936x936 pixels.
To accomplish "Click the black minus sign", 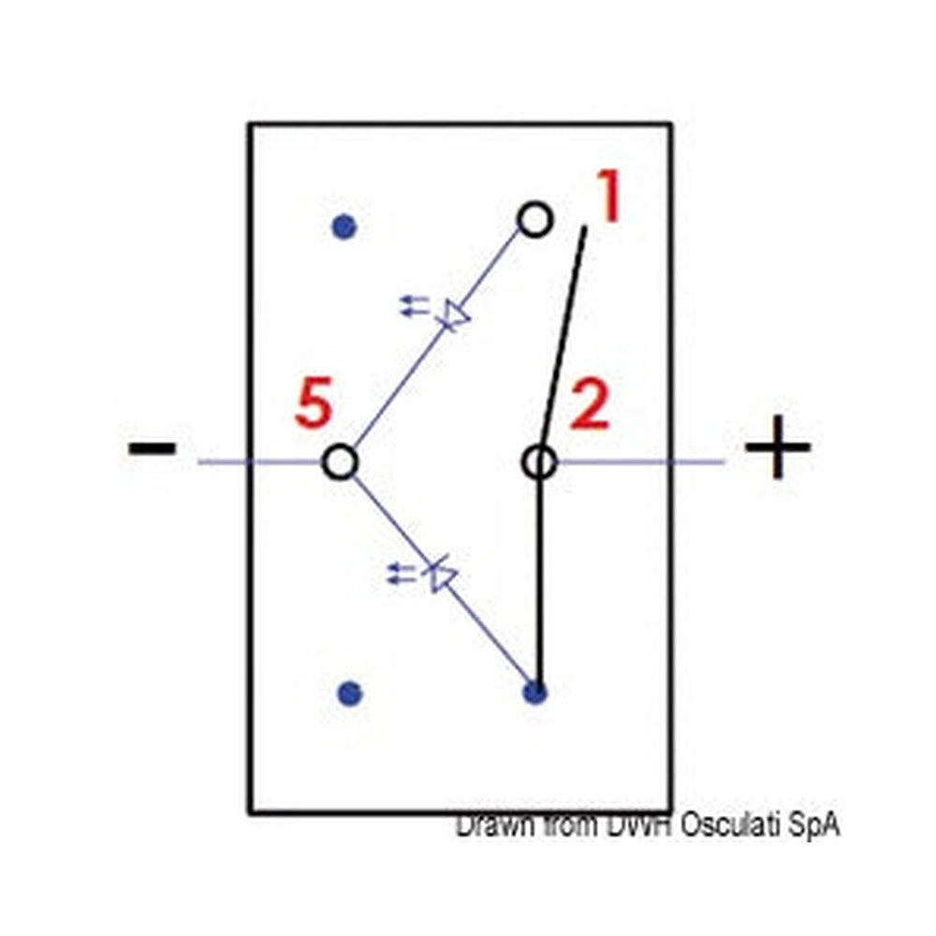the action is pos(153,447).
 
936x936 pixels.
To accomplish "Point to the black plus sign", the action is pos(778,446).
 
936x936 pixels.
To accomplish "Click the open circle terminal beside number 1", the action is pos(534,220).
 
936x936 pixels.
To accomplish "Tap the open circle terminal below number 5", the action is pos(341,462).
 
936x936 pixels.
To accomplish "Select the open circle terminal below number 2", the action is pos(540,462).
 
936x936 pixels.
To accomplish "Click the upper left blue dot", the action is pos(344,227).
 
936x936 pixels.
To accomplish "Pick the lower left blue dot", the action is pos(350,694).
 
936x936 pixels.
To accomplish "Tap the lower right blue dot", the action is pos(534,693).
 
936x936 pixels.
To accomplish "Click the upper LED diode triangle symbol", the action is pos(454,316).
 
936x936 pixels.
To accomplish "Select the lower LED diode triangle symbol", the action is pos(441,575).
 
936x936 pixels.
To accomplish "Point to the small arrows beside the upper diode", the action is pos(415,305).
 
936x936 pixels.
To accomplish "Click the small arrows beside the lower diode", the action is pos(402,573).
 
